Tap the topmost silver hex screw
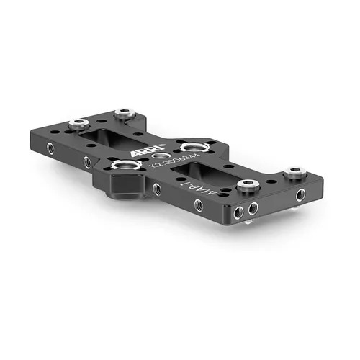(125, 112)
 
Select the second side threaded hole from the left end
(87, 163)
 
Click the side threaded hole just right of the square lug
(156, 189)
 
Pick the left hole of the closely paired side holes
(239, 210)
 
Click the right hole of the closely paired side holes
(253, 209)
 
